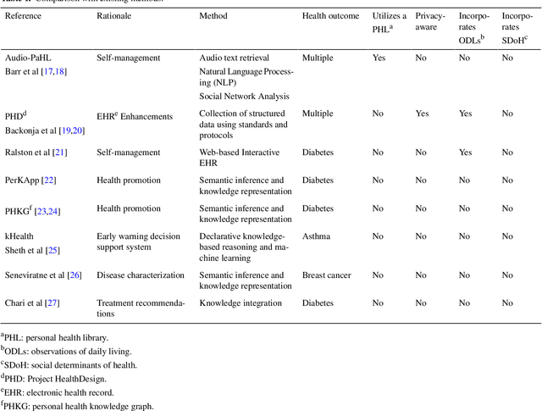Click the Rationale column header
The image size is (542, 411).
tap(119, 16)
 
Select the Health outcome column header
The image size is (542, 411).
tap(330, 16)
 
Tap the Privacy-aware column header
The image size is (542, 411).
tap(430, 22)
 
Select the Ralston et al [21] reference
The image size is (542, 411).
tap(36, 153)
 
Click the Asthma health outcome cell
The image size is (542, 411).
tap(317, 236)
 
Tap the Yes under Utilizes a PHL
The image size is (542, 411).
tap(379, 58)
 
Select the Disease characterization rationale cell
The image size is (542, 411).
tap(140, 275)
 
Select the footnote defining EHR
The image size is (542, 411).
tap(67, 392)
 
